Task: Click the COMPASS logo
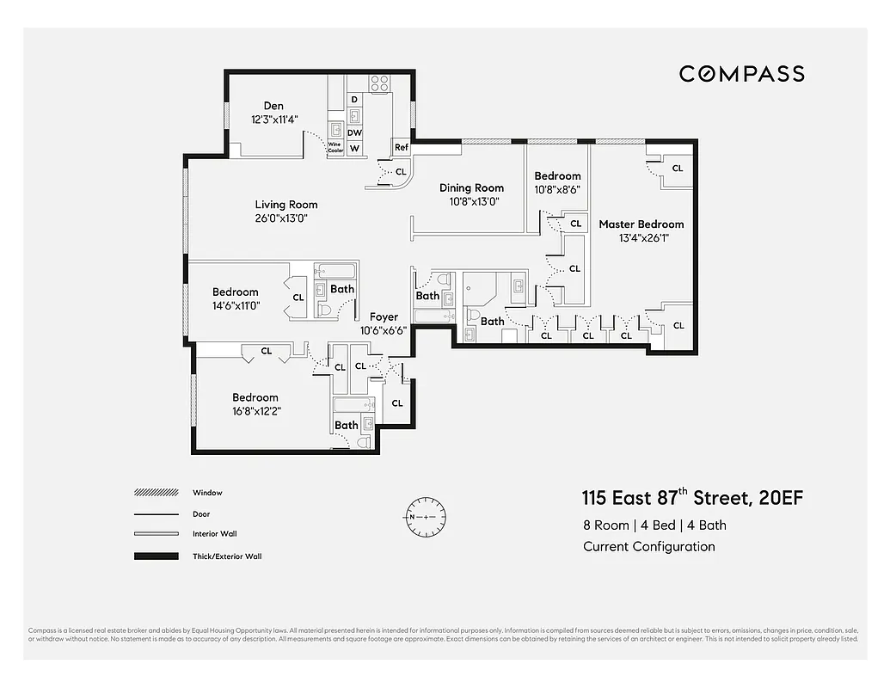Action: pos(741,74)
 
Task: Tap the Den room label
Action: pos(273,106)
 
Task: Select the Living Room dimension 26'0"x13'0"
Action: pos(281,218)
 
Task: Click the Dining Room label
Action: pos(471,187)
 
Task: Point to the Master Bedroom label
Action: pos(641,224)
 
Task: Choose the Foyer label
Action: pos(384,317)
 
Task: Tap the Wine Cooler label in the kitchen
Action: pos(335,148)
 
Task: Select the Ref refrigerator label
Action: pos(401,148)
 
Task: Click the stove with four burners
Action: pos(379,83)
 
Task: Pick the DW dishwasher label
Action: pos(354,132)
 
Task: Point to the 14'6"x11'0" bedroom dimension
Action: pos(236,305)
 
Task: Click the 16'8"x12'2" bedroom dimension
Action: pos(256,410)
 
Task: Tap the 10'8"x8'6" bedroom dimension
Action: pos(557,189)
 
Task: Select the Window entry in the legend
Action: pos(207,493)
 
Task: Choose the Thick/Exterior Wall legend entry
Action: pos(227,556)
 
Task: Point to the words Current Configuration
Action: pos(648,546)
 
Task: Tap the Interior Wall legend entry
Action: pos(214,534)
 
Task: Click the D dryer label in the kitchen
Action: pos(354,100)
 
